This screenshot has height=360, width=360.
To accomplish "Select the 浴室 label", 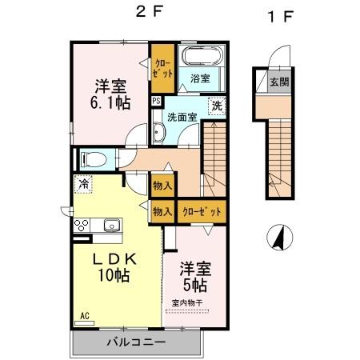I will coord(200,78).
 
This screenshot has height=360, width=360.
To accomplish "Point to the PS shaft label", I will coord(155,102).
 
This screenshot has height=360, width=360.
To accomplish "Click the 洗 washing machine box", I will coord(216,106).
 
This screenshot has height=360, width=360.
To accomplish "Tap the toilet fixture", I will coord(90,159).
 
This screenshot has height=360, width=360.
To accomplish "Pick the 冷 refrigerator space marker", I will coord(83,185).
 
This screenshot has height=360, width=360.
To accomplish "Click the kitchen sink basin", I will coord(110,225).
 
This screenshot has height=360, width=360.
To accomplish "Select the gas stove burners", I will coord(82,226).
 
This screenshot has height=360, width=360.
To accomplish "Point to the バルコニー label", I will coord(137,342).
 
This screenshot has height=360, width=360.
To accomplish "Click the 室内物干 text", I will coord(189,302).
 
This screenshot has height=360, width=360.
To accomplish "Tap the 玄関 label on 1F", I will coord(278,82).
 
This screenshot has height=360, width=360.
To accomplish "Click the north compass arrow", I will coord(281,238).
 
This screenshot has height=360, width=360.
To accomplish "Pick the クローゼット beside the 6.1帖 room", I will coord(162,68).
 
